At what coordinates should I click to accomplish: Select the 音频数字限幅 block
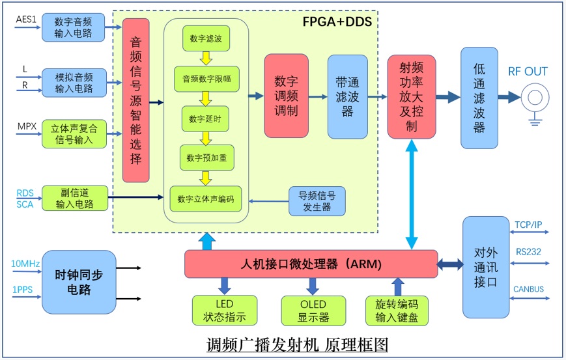[x=206, y=79]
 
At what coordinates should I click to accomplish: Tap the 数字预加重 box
[x=206, y=158]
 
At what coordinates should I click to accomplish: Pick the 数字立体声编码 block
[x=206, y=198]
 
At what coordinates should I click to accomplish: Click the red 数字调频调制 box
[x=286, y=96]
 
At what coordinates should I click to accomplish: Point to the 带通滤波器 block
[x=347, y=96]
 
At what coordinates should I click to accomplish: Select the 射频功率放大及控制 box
[x=411, y=96]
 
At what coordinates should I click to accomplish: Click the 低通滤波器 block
[x=479, y=98]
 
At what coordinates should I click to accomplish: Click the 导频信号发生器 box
[x=317, y=201]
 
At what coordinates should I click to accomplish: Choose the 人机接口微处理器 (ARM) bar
[x=311, y=264]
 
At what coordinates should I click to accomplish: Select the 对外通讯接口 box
[x=485, y=267]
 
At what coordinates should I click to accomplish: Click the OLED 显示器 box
[x=313, y=311]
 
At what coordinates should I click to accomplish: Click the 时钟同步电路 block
[x=79, y=282]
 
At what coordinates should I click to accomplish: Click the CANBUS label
[x=528, y=289]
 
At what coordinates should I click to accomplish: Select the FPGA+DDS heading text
[x=337, y=21]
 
